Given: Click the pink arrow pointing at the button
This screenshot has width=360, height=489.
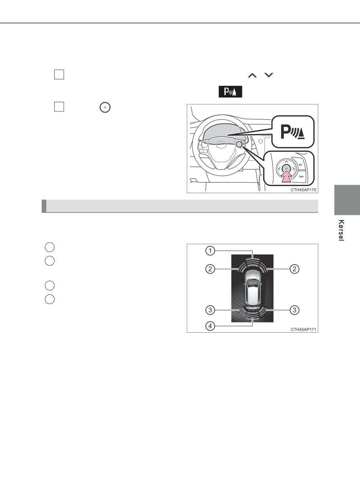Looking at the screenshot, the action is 287,176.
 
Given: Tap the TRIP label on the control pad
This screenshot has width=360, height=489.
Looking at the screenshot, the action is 301,176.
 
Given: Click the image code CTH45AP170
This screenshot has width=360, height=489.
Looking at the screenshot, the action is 303,190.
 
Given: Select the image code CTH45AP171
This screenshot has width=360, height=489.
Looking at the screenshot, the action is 303,330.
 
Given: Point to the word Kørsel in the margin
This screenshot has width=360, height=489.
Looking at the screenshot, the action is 341,230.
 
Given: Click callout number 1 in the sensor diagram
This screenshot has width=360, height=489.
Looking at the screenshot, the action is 210,251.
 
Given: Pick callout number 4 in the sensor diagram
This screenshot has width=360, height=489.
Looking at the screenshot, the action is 210,326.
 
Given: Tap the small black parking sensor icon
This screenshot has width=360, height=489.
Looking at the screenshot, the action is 230,92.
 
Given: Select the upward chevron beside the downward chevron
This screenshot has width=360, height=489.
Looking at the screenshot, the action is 253,75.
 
